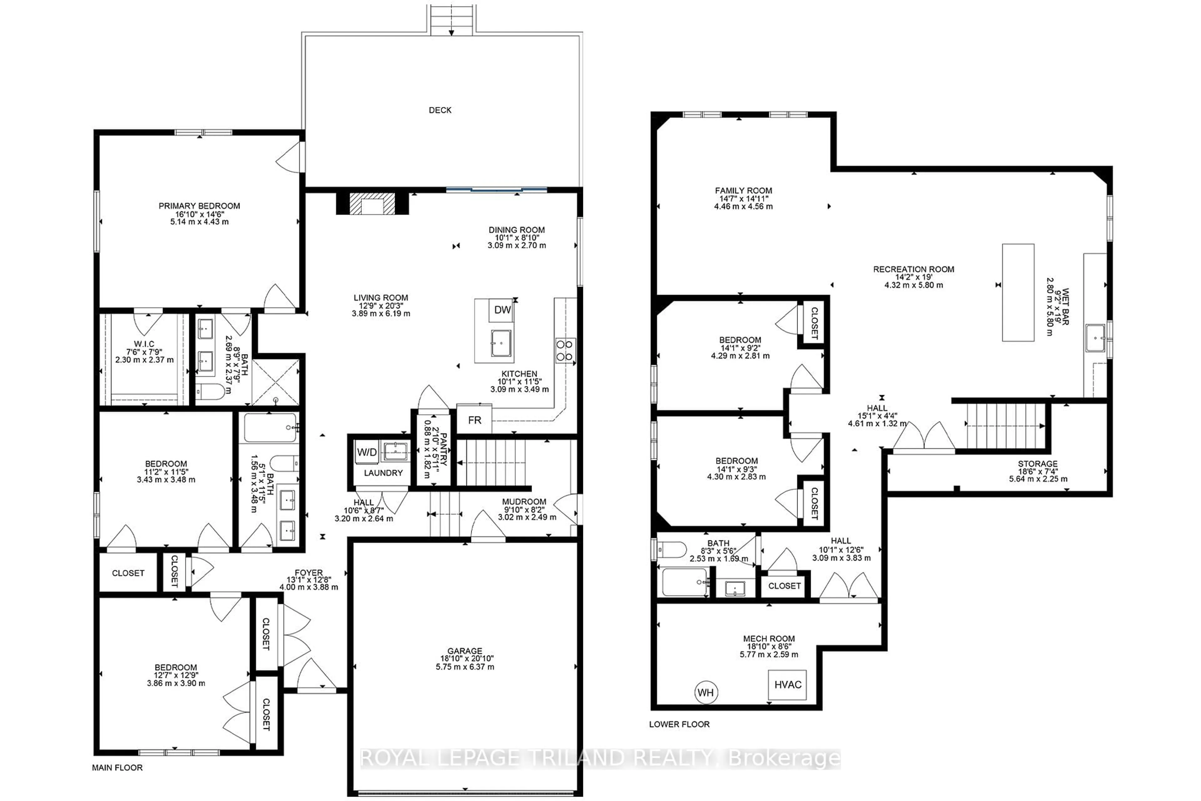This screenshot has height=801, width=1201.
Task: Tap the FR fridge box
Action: (474, 420)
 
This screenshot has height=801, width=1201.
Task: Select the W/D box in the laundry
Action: (367, 452)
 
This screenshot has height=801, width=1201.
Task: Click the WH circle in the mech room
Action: (706, 693)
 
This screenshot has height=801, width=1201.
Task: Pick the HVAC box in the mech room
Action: (788, 685)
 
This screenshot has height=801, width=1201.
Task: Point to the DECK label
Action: (440, 110)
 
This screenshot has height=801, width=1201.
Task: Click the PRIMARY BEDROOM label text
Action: (199, 206)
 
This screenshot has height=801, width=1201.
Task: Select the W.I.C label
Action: (144, 344)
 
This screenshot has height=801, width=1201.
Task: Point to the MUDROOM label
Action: (524, 502)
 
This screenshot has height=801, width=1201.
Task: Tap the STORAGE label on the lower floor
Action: (1038, 464)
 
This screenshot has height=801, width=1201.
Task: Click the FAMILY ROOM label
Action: (743, 191)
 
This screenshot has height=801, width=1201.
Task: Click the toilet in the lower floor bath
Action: (671, 550)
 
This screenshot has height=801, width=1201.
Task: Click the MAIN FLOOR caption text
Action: (117, 768)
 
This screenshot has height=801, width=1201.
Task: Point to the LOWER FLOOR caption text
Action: (679, 724)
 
